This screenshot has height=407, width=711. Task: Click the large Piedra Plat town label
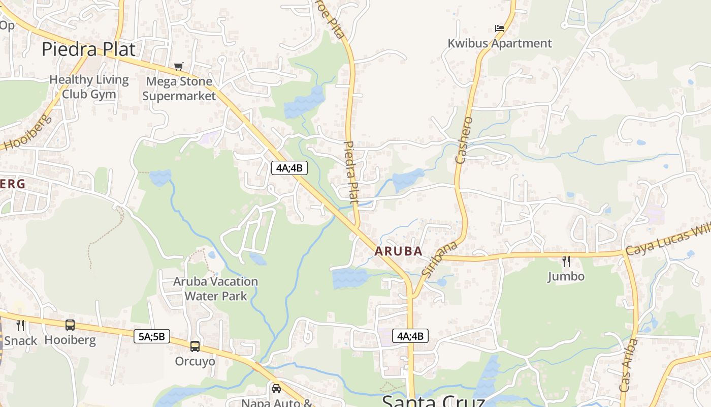point(88,49)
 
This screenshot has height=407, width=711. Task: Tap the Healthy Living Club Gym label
point(89,87)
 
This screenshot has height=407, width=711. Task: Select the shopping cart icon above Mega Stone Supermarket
point(178,66)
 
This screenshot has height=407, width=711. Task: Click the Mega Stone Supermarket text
point(179,89)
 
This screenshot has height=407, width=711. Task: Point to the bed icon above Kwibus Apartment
point(500,28)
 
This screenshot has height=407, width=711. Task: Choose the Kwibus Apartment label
point(500,43)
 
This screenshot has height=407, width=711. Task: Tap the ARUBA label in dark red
point(399,251)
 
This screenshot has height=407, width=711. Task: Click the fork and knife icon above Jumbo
point(566,261)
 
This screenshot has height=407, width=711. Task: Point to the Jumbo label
point(566,277)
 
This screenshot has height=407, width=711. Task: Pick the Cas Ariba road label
point(629,365)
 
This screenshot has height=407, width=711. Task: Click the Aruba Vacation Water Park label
point(216,288)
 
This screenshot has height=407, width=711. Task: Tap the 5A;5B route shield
point(152,336)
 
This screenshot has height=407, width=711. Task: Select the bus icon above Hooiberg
point(70,325)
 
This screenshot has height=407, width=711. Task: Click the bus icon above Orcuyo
point(195,346)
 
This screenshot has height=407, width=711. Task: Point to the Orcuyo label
point(195,361)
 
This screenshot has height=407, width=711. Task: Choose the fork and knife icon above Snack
point(20,325)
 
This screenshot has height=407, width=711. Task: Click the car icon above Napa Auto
point(276,389)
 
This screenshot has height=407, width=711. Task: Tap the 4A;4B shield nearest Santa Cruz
point(410,336)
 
